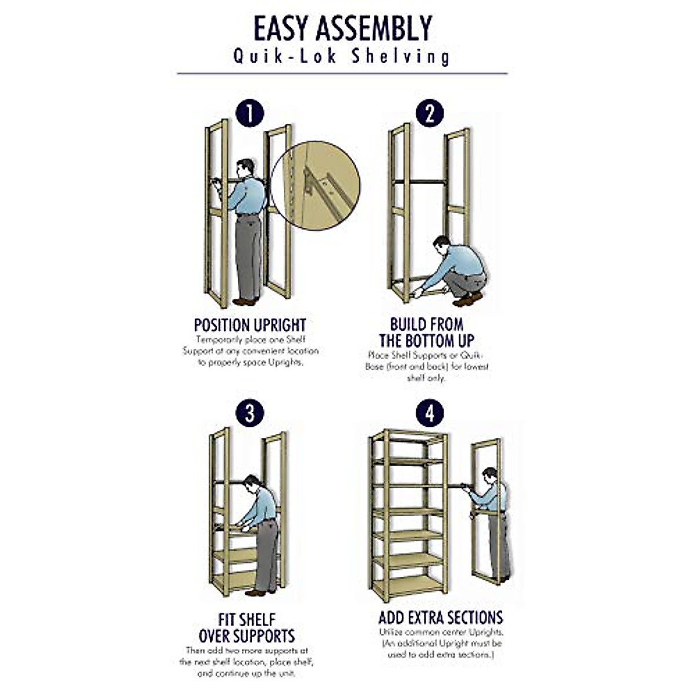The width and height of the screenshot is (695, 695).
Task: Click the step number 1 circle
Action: click(250, 114)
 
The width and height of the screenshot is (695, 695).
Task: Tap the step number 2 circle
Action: click(430, 114)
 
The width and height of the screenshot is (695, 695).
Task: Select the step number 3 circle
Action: click(250, 414)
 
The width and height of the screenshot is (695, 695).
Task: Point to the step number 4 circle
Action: click(430, 414)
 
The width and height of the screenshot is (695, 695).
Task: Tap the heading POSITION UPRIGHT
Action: click(250, 325)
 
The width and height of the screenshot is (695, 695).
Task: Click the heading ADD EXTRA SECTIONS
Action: click(441, 617)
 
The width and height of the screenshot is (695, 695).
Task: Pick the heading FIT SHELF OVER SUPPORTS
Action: click(247, 628)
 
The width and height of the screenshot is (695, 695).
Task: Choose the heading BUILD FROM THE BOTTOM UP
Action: click(427, 332)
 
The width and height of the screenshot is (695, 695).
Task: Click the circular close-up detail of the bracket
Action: click(316, 185)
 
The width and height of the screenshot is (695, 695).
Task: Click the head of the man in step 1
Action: click(246, 167)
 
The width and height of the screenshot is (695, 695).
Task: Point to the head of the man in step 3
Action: click(252, 482)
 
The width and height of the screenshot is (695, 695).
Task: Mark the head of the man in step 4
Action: click(490, 475)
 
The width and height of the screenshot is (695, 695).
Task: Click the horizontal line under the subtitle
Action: click(342, 74)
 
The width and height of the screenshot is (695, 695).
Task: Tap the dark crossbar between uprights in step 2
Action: click(420, 182)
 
